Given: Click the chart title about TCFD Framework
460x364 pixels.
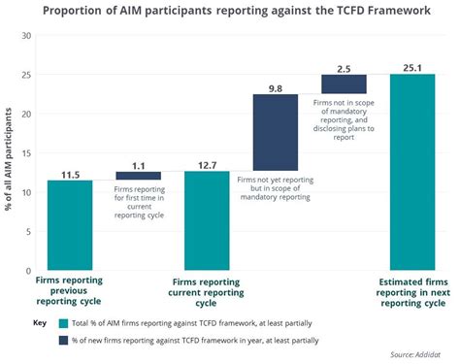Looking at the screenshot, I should click(x=230, y=12).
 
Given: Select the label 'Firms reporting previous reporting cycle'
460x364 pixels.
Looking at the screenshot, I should click(x=70, y=290).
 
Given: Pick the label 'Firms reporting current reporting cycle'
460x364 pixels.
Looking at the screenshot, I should click(x=207, y=290).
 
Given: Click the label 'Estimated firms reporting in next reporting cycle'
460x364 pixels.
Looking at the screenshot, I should click(x=411, y=290).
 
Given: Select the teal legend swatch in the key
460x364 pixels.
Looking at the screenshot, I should click(x=64, y=323).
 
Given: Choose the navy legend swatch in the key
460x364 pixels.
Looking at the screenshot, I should click(x=64, y=341).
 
